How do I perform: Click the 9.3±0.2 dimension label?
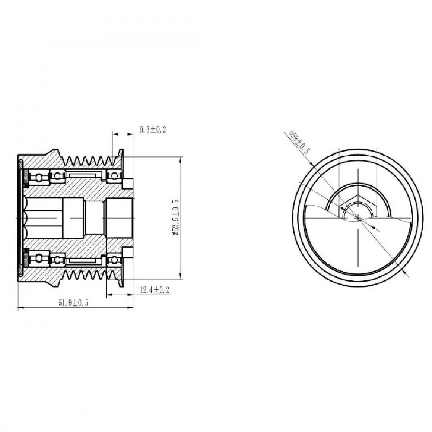click(153, 129)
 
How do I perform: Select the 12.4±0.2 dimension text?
click(155, 290)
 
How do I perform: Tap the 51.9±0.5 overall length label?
click(73, 303)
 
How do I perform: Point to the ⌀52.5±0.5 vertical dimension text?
click(175, 217)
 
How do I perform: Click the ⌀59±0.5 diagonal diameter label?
click(299, 143)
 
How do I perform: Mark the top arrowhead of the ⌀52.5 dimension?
click(181, 159)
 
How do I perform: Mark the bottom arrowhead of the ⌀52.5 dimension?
click(181, 276)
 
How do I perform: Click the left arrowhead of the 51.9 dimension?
click(21, 308)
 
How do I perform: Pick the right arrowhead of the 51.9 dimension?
click(130, 308)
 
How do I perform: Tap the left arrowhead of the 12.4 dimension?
click(109, 295)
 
